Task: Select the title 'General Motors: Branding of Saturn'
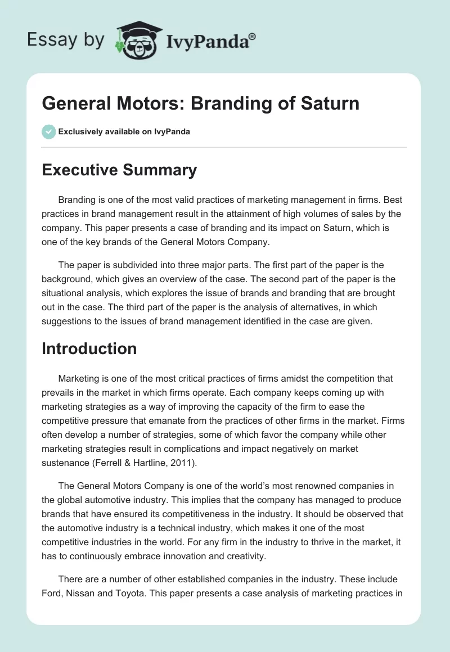coord(200,104)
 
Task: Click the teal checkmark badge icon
coord(48,132)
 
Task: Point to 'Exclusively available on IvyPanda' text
coord(124,132)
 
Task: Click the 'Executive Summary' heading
coord(119,170)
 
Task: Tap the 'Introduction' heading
coord(89,348)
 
